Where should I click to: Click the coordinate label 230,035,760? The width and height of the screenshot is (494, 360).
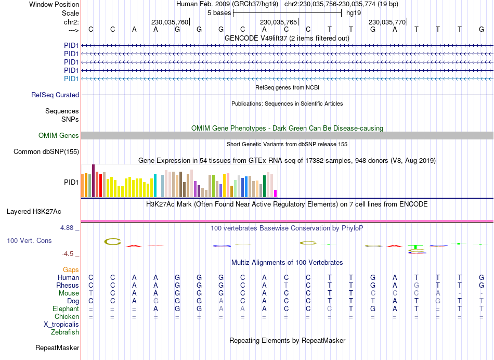pyautogui.click(x=170, y=22)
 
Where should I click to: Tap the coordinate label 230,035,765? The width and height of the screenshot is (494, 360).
pyautogui.click(x=278, y=22)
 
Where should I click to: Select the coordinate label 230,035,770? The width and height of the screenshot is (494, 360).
pyautogui.click(x=387, y=22)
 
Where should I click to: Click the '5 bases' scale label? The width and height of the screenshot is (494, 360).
pyautogui.click(x=219, y=12)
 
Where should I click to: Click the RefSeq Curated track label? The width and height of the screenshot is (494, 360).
pyautogui.click(x=55, y=95)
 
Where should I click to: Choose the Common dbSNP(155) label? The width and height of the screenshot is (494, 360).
pyautogui.click(x=46, y=152)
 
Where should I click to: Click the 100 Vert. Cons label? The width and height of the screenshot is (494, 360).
pyautogui.click(x=29, y=241)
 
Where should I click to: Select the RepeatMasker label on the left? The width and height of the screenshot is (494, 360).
pyautogui.click(x=57, y=348)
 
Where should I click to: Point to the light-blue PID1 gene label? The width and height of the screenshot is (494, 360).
pyautogui.click(x=71, y=79)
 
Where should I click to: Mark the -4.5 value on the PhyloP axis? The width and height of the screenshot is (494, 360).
pyautogui.click(x=69, y=254)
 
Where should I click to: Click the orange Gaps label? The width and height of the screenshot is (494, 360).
pyautogui.click(x=71, y=269)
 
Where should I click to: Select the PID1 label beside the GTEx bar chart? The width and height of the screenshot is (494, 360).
pyautogui.click(x=71, y=183)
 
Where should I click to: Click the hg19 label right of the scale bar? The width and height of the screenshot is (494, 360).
pyautogui.click(x=354, y=12)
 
